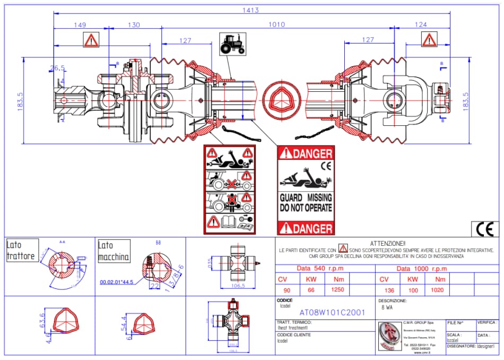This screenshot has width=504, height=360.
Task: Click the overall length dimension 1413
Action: point(250,10)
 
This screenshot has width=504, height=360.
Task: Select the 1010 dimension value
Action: point(276,24)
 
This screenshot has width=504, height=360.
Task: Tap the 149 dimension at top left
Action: point(80,24)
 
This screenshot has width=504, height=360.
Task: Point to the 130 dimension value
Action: point(134,24)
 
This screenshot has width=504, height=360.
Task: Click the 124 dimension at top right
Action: point(421,24)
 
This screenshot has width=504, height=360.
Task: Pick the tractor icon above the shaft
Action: point(232,43)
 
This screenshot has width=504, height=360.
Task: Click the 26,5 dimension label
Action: point(57,68)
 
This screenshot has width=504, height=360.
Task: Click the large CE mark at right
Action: point(485,229)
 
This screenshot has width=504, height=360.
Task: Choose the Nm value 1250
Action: point(338,290)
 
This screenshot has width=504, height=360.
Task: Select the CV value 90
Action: point(287,290)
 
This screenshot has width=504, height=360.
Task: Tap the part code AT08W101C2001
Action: point(332,312)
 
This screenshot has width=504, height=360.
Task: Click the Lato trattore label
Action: point(21,251)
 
